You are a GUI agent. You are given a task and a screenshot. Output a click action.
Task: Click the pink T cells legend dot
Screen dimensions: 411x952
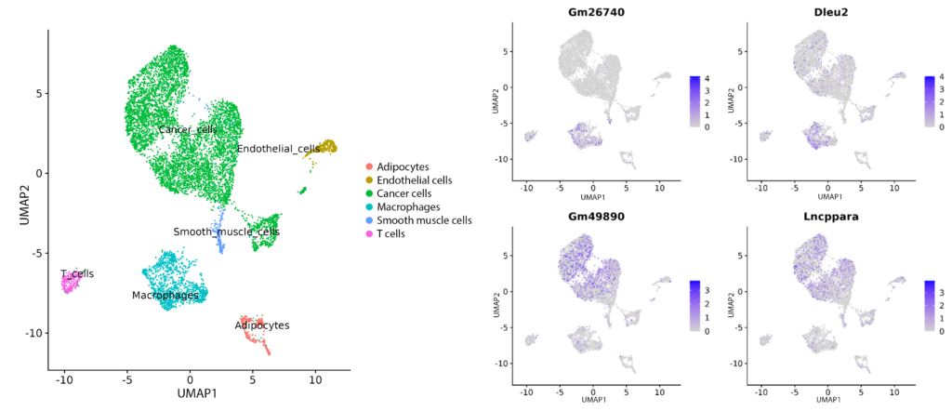tap(370, 233)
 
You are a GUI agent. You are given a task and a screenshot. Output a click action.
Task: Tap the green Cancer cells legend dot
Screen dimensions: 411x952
tap(370, 193)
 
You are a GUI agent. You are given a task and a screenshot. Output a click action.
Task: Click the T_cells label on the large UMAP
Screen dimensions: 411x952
tap(77, 274)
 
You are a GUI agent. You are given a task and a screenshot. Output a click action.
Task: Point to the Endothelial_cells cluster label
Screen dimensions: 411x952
tap(278, 149)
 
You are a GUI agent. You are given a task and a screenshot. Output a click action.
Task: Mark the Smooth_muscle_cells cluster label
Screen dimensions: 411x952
tap(226, 232)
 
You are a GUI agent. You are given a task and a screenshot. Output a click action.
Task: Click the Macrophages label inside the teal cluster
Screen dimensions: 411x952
tap(165, 296)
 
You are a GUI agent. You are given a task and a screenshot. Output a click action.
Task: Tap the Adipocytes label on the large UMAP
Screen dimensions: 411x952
tap(262, 326)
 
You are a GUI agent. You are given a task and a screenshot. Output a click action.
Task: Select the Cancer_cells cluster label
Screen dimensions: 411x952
tap(187, 129)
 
